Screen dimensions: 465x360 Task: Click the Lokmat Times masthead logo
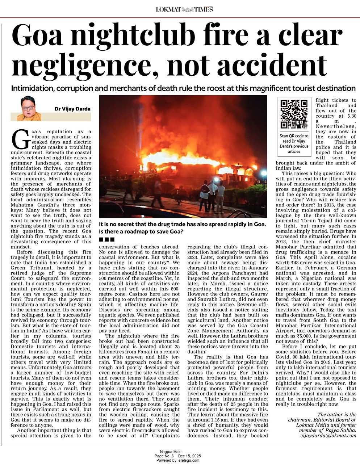click(x=184, y=9)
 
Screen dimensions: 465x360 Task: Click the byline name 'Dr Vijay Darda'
click(x=72, y=109)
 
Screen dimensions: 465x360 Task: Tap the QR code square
click(x=294, y=114)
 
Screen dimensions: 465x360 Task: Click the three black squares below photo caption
click(x=107, y=239)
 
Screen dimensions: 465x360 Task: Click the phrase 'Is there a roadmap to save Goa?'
click(x=141, y=231)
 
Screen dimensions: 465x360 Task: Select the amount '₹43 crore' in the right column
click(x=297, y=262)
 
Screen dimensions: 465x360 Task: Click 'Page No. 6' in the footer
click(x=164, y=456)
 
